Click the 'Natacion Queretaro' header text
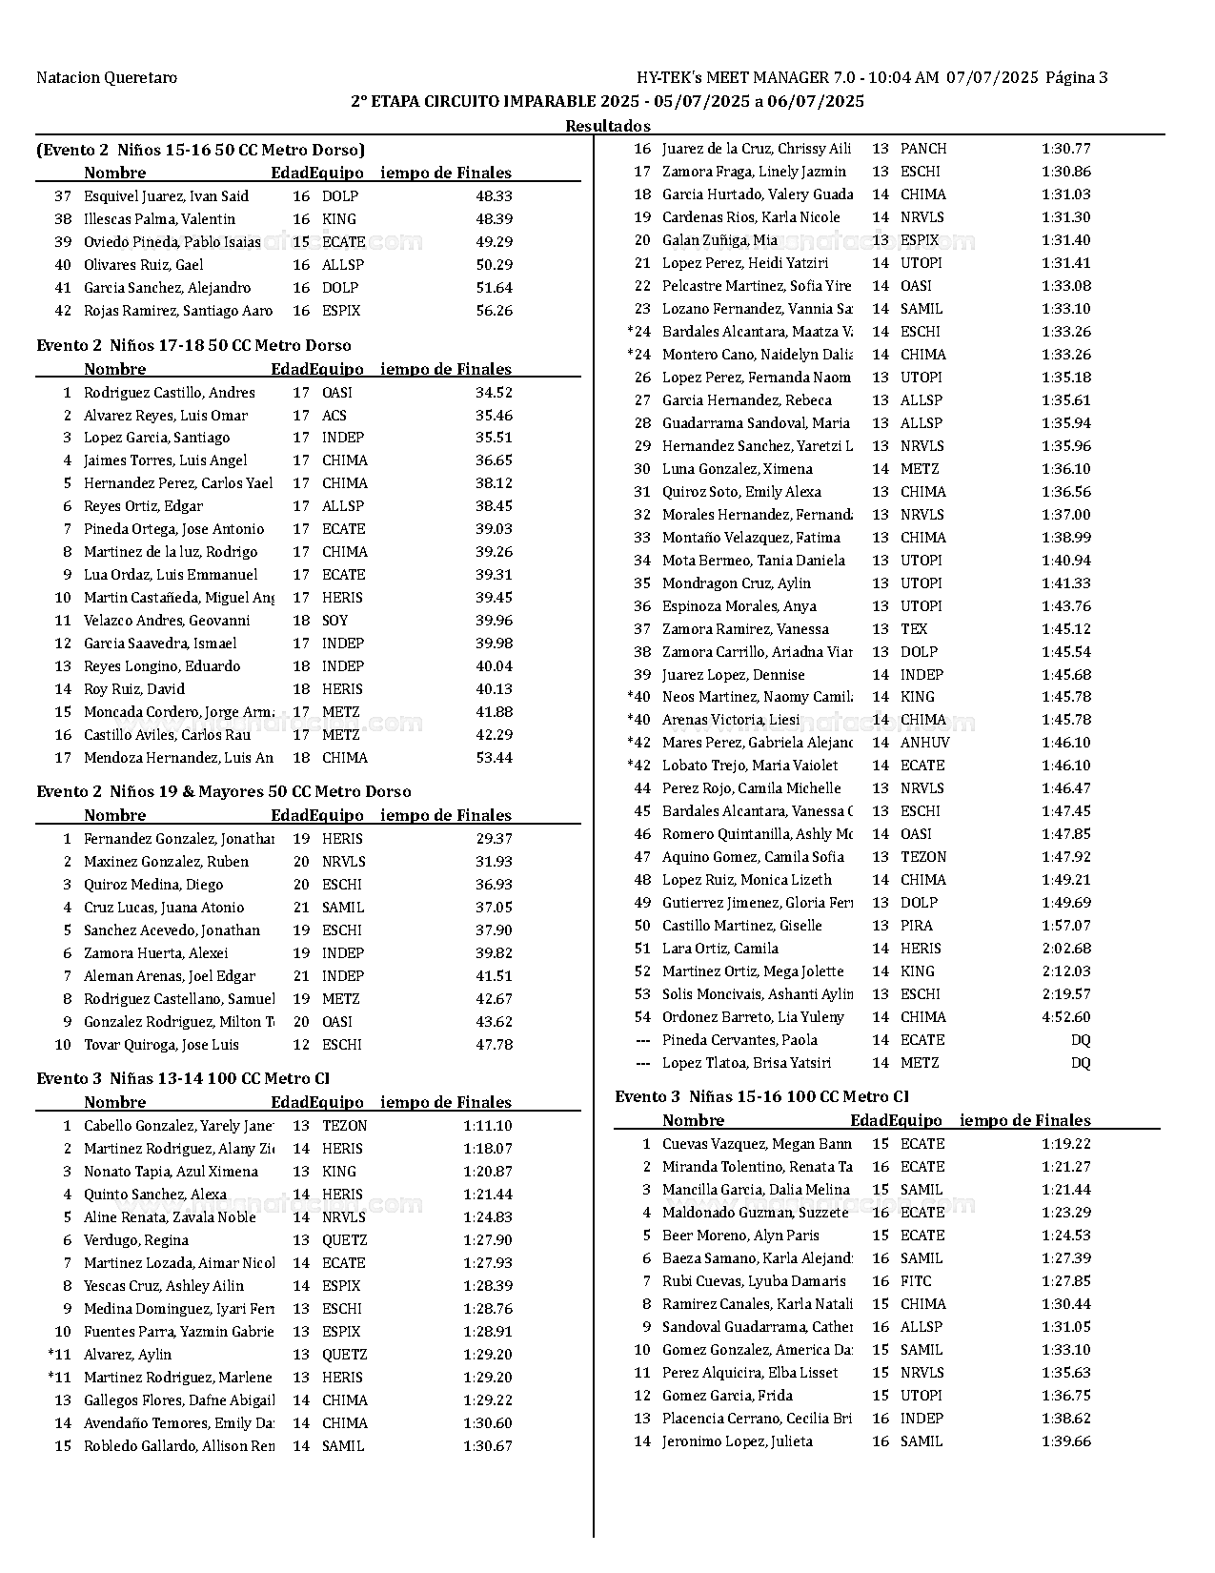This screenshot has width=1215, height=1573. click(107, 78)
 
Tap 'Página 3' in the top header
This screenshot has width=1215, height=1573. click(1076, 78)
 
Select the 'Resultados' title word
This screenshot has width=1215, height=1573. click(607, 126)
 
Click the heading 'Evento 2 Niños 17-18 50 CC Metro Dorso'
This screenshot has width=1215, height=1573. click(193, 346)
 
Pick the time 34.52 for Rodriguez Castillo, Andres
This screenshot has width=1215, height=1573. click(494, 393)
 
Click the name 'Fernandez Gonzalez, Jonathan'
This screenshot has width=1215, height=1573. click(178, 839)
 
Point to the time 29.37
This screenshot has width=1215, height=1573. click(494, 839)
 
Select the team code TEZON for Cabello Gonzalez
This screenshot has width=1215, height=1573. click(344, 1126)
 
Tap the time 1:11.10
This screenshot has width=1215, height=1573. click(488, 1126)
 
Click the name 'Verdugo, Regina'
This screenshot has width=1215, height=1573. click(136, 1240)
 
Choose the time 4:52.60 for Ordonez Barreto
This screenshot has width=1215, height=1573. click(1066, 1017)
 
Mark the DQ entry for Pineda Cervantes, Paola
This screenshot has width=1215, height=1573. click(1081, 1040)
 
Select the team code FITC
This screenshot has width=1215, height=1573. click(916, 1281)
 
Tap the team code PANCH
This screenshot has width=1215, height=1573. click(923, 149)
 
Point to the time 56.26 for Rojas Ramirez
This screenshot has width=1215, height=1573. click(494, 311)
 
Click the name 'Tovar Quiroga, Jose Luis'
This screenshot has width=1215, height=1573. click(161, 1045)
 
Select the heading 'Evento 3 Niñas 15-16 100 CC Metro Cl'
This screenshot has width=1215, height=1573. click(761, 1097)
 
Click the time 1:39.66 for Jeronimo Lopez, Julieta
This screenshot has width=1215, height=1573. click(1066, 1441)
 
